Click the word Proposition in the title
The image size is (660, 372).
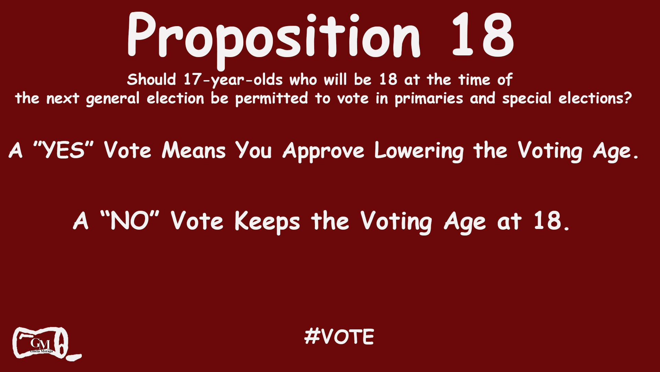(x=273, y=36)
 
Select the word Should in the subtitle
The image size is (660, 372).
(x=151, y=80)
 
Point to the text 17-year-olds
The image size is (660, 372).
(x=233, y=80)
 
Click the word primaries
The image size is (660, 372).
(x=429, y=99)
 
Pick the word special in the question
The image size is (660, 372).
(x=527, y=99)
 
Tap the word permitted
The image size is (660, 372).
(x=272, y=99)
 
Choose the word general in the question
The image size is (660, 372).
(x=113, y=99)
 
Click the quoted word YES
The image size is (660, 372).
(x=64, y=150)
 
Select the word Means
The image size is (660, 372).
(x=194, y=151)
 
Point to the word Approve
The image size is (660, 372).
(x=323, y=151)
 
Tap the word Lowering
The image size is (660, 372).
(x=419, y=151)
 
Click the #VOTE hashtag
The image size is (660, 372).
(x=339, y=337)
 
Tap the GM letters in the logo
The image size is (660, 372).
(x=40, y=343)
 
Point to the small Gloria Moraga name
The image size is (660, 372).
(x=42, y=351)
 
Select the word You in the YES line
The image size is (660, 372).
(x=254, y=151)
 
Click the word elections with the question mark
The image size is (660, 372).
(x=595, y=99)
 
